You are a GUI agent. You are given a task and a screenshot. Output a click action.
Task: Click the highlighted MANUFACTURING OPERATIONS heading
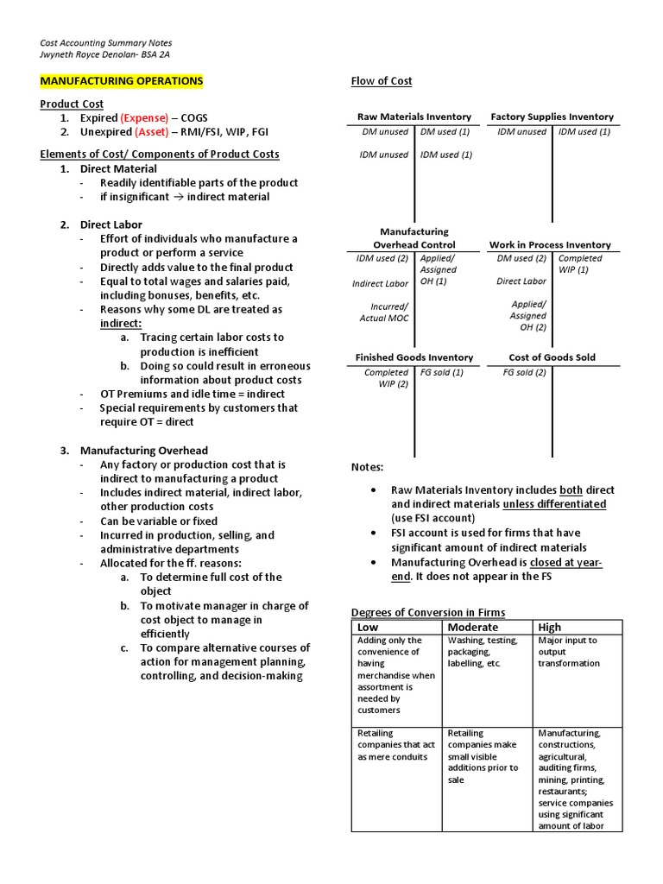pos(122,81)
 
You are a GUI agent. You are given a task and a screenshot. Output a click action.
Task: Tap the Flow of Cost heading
pos(381,81)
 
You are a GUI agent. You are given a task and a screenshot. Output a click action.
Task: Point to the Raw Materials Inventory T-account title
pos(414,117)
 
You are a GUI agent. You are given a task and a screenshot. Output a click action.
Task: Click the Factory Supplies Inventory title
pos(552,117)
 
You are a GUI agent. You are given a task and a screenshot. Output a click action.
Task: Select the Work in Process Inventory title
pos(550,245)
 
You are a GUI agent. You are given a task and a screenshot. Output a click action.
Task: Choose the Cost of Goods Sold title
pos(552,357)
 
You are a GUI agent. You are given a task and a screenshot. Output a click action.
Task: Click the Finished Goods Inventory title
pos(414,357)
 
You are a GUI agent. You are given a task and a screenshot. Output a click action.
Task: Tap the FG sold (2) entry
pos(524,373)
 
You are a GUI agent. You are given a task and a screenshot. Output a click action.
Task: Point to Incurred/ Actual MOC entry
pos(385,313)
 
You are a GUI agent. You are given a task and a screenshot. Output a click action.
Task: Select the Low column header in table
pos(369,627)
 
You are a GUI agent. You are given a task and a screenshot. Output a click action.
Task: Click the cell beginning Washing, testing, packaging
pos(483,652)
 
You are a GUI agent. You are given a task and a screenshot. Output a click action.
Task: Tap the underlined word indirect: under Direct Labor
pos(121,323)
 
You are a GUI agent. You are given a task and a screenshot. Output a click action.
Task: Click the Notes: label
pos(367,467)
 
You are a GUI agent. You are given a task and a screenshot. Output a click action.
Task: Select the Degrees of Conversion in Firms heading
pos(428,612)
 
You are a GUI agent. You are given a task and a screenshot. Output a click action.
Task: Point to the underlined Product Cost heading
pos(72,104)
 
